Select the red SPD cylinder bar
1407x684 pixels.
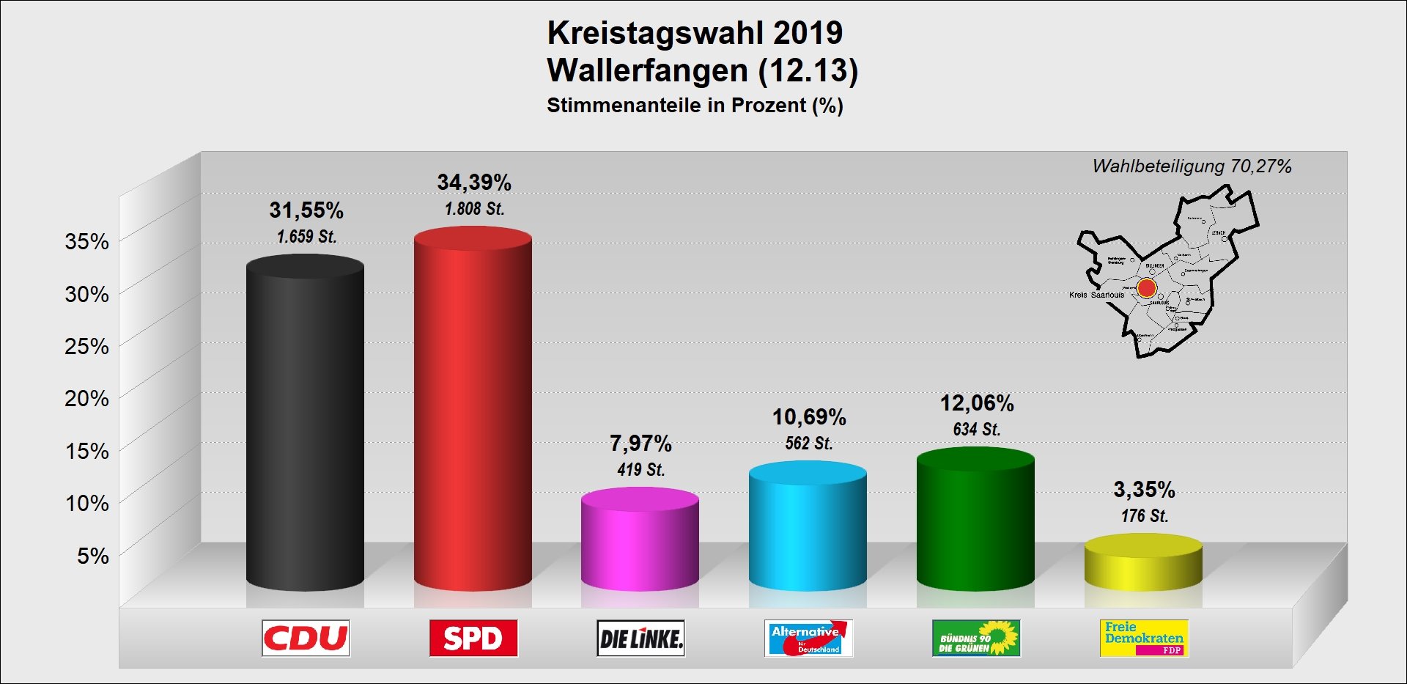(x=473, y=411)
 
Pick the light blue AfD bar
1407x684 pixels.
(x=808, y=528)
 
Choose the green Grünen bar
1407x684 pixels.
(x=975, y=521)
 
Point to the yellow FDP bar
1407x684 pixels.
(x=1143, y=564)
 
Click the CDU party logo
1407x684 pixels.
(x=306, y=638)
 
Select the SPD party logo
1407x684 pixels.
(x=473, y=638)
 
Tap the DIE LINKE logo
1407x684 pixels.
(x=640, y=639)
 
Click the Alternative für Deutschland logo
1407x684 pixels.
(x=808, y=639)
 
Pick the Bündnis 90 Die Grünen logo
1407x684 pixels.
(x=976, y=639)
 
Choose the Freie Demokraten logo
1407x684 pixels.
(x=1144, y=639)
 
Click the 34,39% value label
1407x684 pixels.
(x=474, y=182)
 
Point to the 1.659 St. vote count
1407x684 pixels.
(x=306, y=237)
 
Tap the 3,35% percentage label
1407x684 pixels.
(x=1144, y=489)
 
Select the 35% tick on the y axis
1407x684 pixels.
(x=86, y=241)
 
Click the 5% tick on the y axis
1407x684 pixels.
(x=92, y=556)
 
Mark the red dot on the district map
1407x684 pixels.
(x=1147, y=288)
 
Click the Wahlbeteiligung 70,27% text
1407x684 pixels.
(x=1192, y=166)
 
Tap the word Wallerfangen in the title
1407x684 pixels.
(x=647, y=70)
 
